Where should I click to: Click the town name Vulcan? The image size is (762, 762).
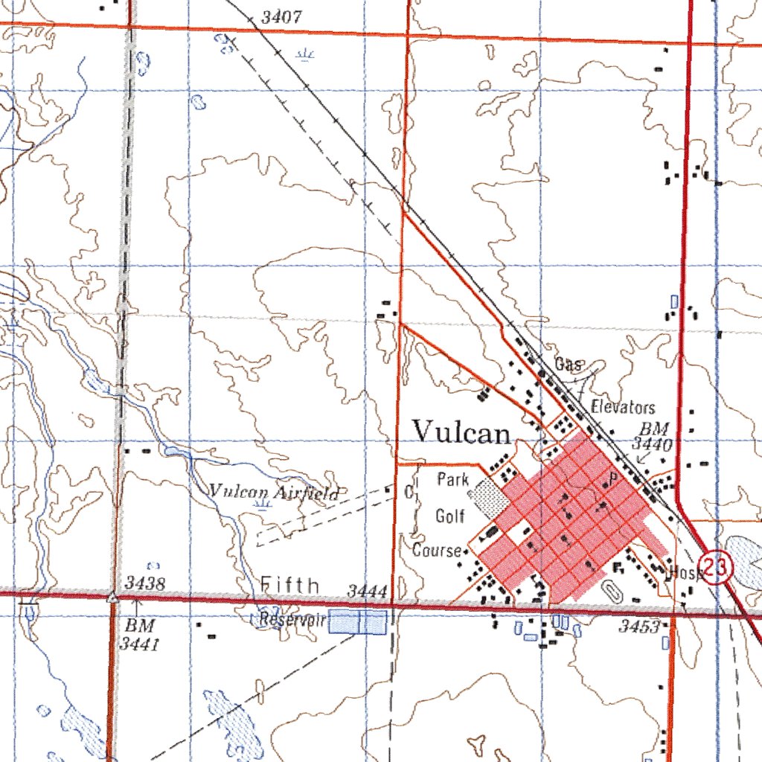(x=461, y=432)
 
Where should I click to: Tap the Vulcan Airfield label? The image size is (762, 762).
(x=275, y=492)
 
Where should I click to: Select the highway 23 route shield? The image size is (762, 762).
(x=718, y=569)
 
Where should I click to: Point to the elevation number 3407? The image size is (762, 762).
(x=282, y=16)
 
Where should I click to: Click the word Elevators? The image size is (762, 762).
(x=623, y=407)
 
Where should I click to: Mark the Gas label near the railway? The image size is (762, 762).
(x=569, y=365)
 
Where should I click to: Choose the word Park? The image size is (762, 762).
(x=452, y=479)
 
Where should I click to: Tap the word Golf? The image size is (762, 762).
(x=450, y=515)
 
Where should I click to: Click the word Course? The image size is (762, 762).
(x=438, y=551)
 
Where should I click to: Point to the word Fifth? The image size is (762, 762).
(x=290, y=586)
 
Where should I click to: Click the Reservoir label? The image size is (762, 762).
(x=293, y=619)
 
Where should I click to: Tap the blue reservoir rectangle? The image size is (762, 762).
(x=358, y=622)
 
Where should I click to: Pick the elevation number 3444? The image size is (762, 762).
(x=368, y=592)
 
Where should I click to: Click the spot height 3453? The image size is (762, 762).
(x=639, y=627)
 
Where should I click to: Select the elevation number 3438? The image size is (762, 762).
(x=144, y=583)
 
